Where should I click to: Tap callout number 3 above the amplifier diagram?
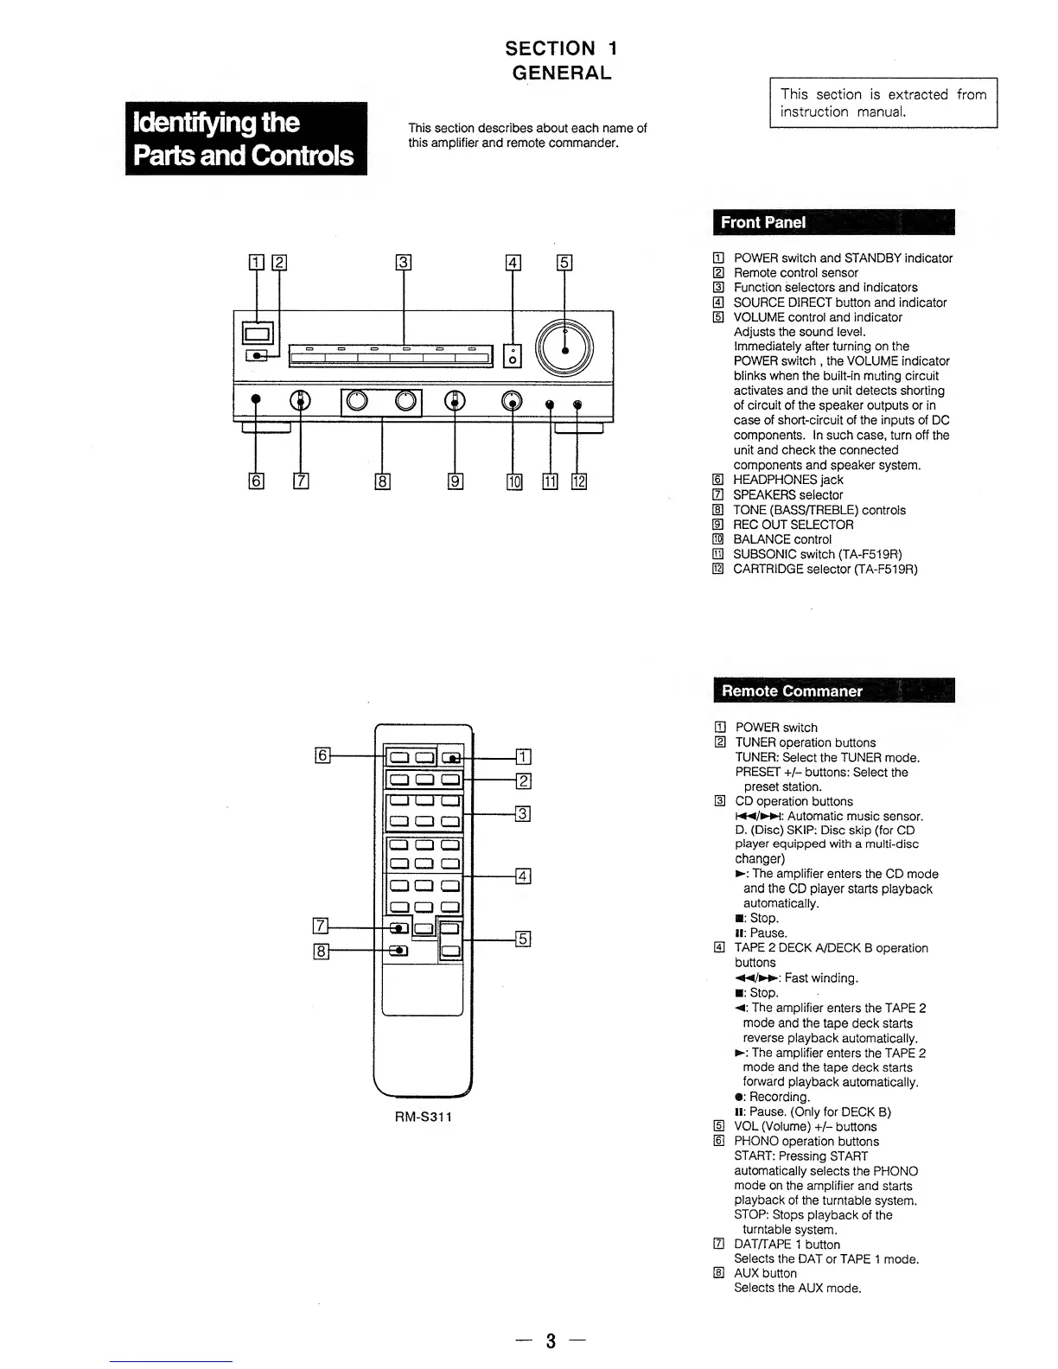(x=404, y=263)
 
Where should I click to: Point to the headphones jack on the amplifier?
(x=256, y=400)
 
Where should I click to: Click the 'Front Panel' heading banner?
(x=833, y=222)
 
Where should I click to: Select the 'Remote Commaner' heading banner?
(x=833, y=691)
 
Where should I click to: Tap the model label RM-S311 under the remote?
(x=424, y=1117)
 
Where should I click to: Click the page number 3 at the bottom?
(x=551, y=1340)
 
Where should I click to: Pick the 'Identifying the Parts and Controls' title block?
(x=246, y=138)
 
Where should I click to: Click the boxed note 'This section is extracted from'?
(x=883, y=103)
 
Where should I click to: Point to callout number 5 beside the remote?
(x=523, y=939)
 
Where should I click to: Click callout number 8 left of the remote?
(x=322, y=952)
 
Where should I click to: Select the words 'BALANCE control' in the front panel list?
(x=782, y=539)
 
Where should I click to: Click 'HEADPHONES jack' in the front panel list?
(x=787, y=480)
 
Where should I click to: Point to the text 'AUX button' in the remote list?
(x=765, y=1273)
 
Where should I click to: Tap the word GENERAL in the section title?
(x=562, y=73)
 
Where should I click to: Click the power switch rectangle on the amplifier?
(x=258, y=332)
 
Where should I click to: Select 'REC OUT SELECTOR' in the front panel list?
(x=793, y=525)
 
